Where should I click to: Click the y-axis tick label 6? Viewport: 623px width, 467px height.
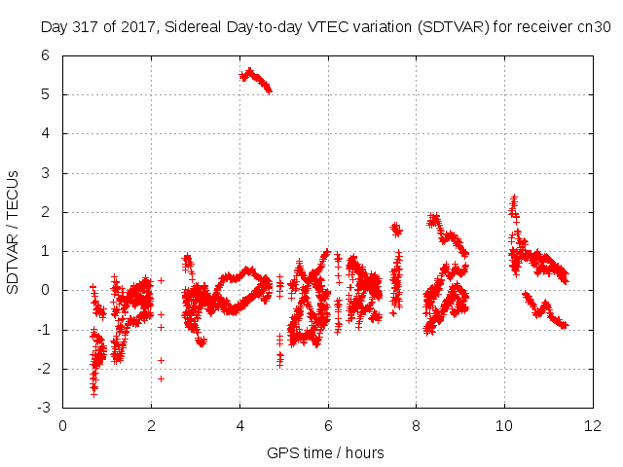coord(46,55)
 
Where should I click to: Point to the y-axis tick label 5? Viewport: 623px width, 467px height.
coord(46,94)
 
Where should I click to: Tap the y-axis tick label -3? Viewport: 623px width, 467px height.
coord(43,408)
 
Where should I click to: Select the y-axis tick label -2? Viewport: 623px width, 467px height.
coord(43,369)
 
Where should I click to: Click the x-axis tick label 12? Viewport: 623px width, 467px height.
coord(593,426)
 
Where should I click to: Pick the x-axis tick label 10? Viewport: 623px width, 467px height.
coord(504,426)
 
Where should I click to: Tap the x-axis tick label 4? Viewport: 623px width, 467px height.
coord(239,426)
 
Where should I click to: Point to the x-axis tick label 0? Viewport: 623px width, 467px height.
coord(62,426)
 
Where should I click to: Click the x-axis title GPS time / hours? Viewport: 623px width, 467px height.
coord(325,452)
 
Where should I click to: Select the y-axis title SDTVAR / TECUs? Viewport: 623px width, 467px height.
coord(13,233)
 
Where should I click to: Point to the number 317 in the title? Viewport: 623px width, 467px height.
coord(87,27)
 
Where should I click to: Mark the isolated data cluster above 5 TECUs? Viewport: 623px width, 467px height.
coord(255,80)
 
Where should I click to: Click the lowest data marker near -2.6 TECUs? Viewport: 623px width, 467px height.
coord(93,394)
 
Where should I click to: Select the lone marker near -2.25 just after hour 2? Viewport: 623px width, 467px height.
coord(161,378)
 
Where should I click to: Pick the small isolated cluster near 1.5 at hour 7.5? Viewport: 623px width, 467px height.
coord(396,230)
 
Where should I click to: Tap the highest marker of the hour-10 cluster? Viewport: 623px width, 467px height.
coord(514,197)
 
